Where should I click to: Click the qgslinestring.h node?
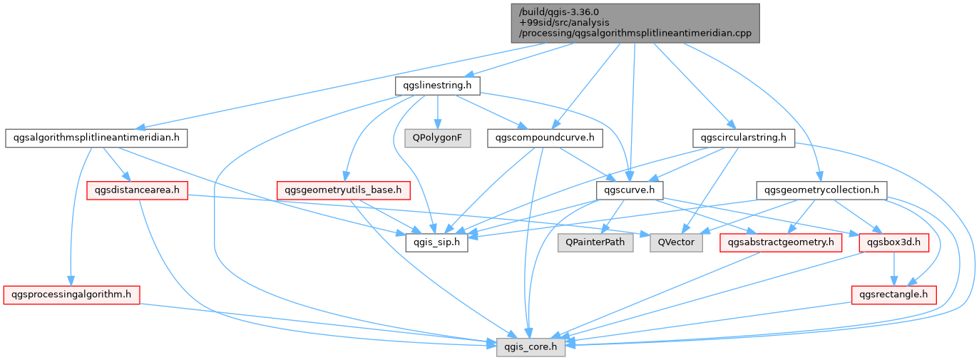click(437, 86)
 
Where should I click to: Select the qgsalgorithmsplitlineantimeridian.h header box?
click(96, 138)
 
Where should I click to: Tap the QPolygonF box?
click(437, 138)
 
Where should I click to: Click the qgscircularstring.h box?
click(744, 138)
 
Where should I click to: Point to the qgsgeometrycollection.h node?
click(821, 190)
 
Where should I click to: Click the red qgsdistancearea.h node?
click(136, 190)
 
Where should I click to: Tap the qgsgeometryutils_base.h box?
click(343, 190)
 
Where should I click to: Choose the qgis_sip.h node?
click(436, 242)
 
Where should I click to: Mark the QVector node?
click(676, 242)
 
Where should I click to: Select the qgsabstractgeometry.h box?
click(781, 242)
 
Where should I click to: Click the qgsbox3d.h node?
click(894, 242)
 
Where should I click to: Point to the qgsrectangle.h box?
click(894, 294)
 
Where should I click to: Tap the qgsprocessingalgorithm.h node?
click(71, 294)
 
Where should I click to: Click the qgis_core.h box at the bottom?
click(531, 346)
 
